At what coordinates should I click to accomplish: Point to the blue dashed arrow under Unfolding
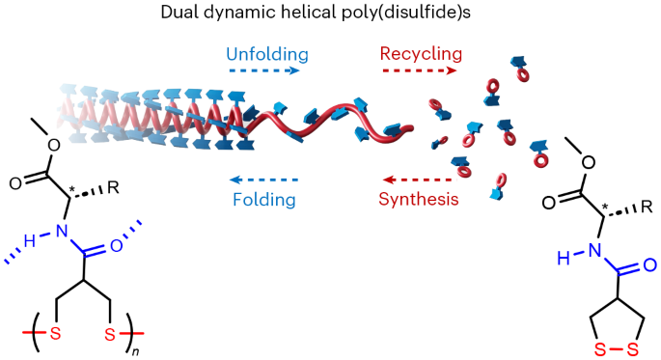262,70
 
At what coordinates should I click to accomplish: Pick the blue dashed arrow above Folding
262,180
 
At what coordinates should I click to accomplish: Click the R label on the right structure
647,206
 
